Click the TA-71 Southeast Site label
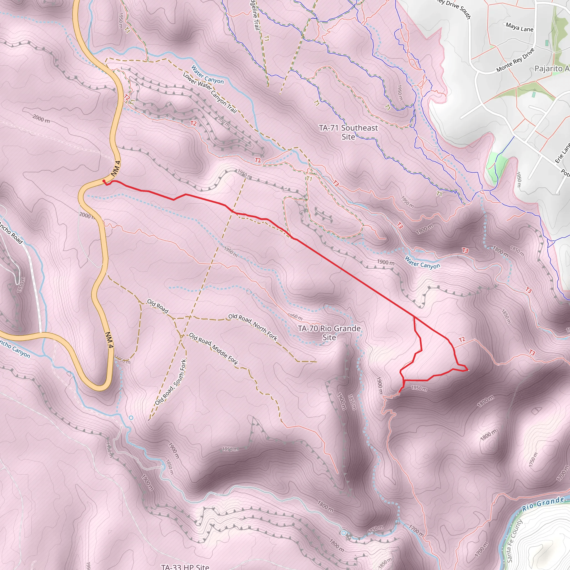pyautogui.click(x=348, y=132)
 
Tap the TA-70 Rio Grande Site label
pyautogui.click(x=329, y=333)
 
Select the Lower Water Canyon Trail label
pyautogui.click(x=210, y=93)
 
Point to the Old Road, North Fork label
pyautogui.click(x=253, y=327)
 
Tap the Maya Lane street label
pyautogui.click(x=519, y=28)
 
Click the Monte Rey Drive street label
pyautogui.click(x=515, y=60)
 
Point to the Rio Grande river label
pyautogui.click(x=543, y=504)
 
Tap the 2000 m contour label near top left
pyautogui.click(x=41, y=119)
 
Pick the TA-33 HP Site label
pyautogui.click(x=185, y=567)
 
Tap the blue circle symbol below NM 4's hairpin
pyautogui.click(x=131, y=417)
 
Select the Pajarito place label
pyautogui.click(x=551, y=68)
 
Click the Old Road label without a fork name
pyautogui.click(x=158, y=306)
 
